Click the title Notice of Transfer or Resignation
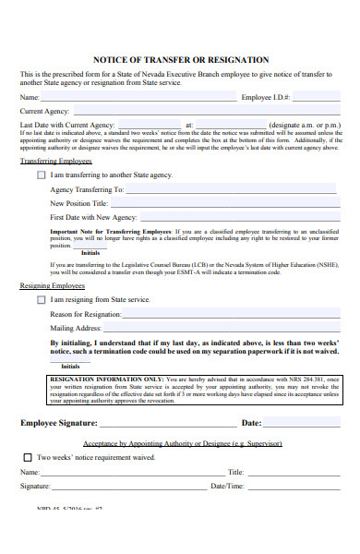181,59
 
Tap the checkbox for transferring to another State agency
41,174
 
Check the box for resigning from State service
41,299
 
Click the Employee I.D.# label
266,97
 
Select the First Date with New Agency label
92,217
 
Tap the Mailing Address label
76,328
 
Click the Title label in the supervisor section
235,472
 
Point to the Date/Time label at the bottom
227,485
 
